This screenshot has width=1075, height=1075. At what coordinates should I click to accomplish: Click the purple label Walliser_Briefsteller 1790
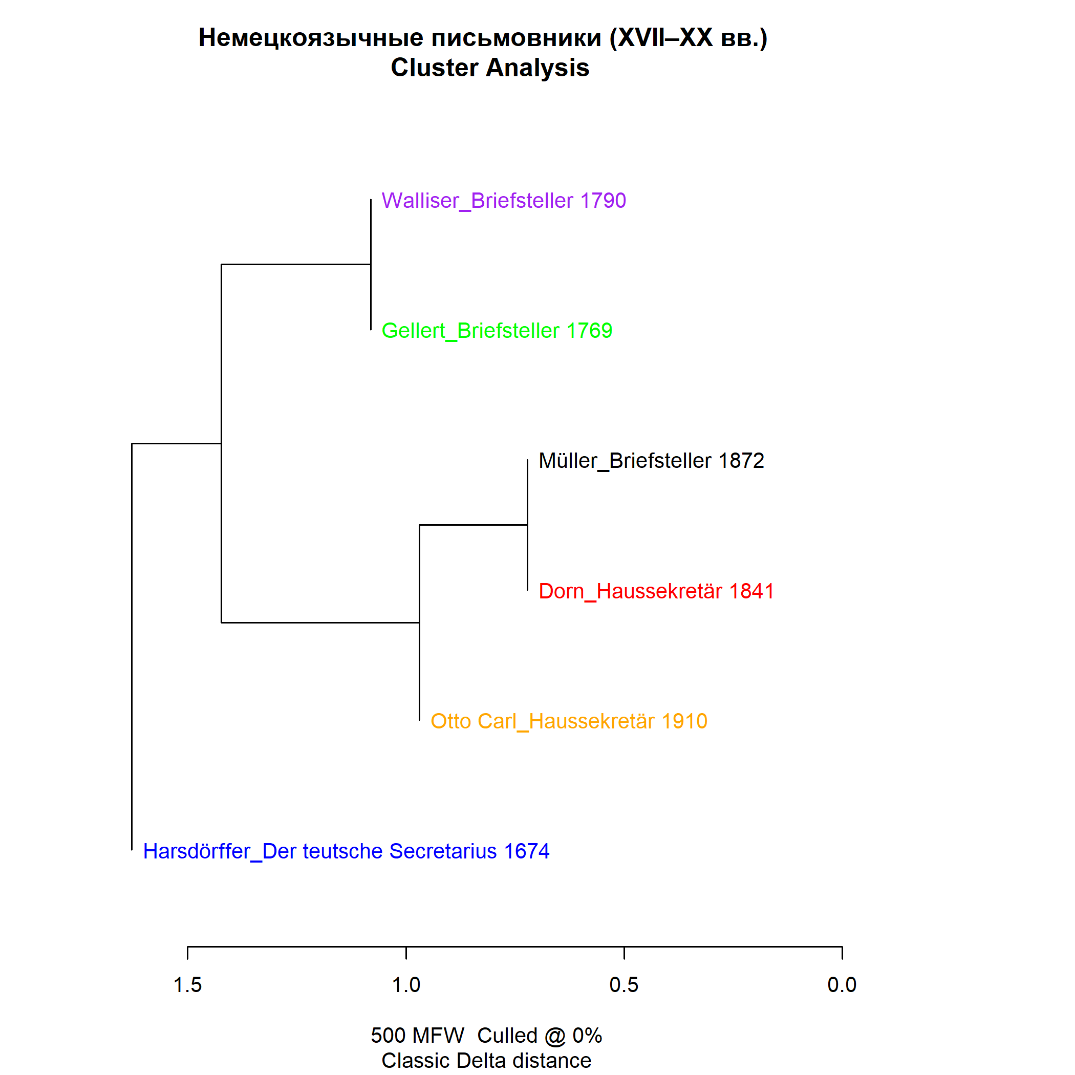(x=504, y=201)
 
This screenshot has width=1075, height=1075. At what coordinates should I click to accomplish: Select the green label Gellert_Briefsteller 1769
(x=497, y=331)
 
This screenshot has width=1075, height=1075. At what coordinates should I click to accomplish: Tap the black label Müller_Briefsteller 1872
(x=651, y=461)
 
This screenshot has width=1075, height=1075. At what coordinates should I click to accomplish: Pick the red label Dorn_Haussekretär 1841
(x=656, y=591)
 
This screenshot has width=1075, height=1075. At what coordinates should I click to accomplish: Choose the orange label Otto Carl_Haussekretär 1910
(x=569, y=721)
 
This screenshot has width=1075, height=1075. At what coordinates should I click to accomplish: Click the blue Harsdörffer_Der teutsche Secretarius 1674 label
(x=346, y=851)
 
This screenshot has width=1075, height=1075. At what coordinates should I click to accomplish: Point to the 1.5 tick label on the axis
(x=187, y=985)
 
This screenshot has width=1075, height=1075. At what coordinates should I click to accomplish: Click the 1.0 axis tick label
(x=406, y=985)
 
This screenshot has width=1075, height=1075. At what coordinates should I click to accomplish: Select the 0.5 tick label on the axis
(x=623, y=985)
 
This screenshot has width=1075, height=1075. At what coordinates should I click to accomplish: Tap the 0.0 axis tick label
(x=842, y=985)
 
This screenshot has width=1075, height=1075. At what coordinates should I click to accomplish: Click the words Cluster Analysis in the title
(x=490, y=68)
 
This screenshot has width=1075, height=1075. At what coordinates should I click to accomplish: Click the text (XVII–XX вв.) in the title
(x=689, y=38)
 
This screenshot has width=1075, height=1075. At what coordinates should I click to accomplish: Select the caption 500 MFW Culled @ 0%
(x=486, y=1036)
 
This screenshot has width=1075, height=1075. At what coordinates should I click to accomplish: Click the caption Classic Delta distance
(x=486, y=1061)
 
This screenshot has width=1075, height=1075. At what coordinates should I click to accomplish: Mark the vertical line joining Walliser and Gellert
(x=371, y=265)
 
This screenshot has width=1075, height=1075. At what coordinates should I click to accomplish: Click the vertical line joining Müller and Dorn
(x=527, y=525)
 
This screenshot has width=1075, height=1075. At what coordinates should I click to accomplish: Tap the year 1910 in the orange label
(x=684, y=721)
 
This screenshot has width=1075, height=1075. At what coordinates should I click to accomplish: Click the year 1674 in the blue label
(x=526, y=851)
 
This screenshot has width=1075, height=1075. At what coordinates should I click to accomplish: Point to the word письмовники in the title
(x=517, y=38)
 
